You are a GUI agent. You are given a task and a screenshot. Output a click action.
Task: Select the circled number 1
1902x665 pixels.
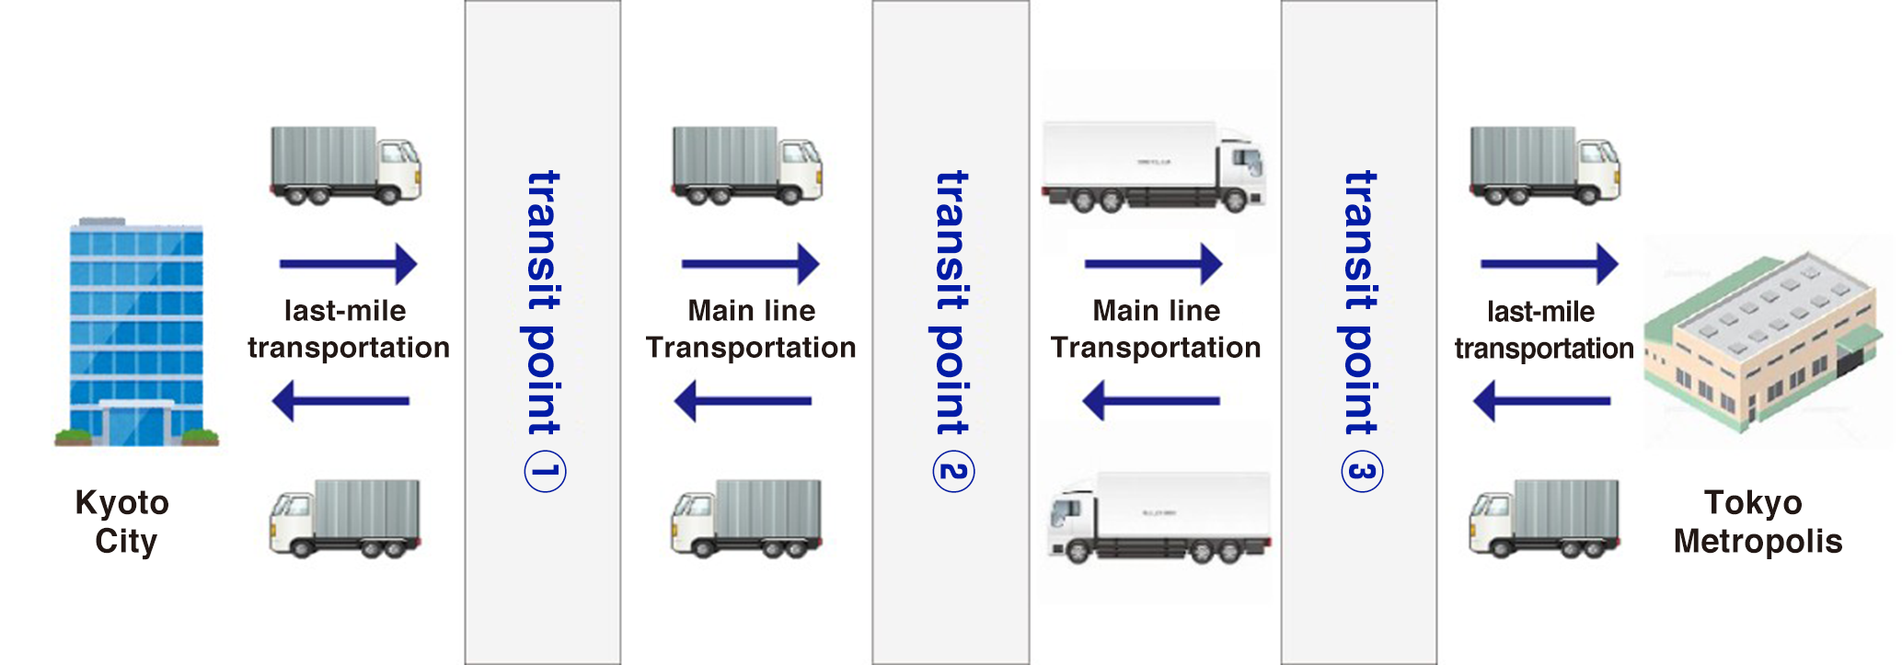(x=545, y=472)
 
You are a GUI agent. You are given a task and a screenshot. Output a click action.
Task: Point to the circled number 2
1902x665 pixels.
(x=953, y=472)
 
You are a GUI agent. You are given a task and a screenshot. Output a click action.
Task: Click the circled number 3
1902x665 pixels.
(x=1362, y=472)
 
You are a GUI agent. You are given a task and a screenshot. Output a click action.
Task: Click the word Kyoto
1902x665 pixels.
(x=122, y=503)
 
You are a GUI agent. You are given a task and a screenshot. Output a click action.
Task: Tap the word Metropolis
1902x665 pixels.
(x=1758, y=541)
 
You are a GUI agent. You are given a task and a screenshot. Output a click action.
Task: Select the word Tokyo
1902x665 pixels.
(x=1753, y=502)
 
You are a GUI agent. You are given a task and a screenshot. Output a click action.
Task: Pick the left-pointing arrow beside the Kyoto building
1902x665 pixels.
(x=340, y=401)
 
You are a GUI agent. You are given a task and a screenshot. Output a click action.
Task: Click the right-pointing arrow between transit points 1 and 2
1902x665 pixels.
(x=750, y=264)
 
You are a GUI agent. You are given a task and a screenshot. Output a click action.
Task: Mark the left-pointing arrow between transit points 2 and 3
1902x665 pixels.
(x=1151, y=401)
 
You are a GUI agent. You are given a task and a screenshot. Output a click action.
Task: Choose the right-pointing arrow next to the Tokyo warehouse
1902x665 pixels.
(x=1549, y=264)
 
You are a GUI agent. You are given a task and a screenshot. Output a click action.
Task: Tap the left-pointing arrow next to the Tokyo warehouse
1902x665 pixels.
(x=1541, y=401)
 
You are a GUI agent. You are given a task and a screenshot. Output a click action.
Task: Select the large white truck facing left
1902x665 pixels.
(x=1159, y=517)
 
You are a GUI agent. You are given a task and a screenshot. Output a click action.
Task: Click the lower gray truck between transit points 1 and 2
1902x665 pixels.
(x=746, y=518)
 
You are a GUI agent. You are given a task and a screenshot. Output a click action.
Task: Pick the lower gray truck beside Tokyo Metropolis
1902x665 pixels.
(x=1544, y=518)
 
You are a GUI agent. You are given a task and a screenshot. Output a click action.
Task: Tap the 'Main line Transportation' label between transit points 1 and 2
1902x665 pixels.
(x=751, y=329)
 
